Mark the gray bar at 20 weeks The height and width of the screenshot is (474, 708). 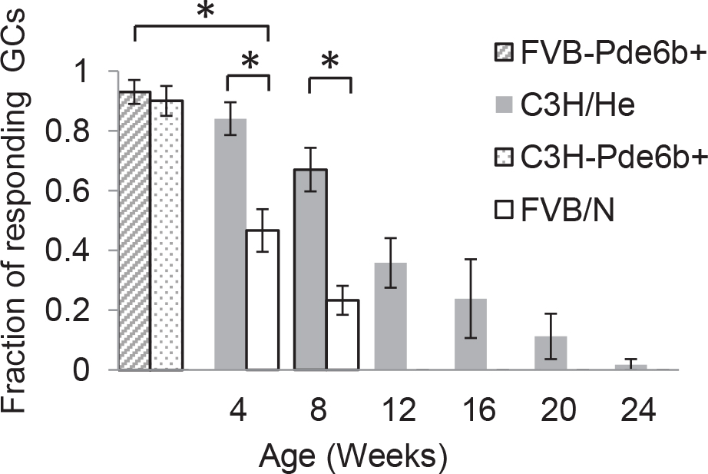pyautogui.click(x=551, y=353)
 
